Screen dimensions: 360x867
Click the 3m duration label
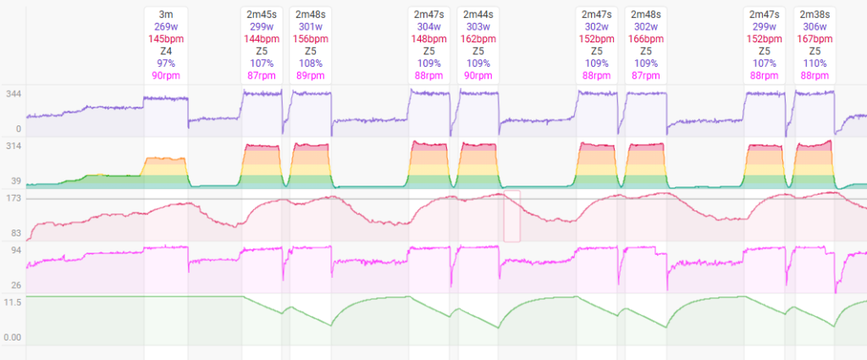tap(166, 14)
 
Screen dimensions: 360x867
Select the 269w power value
tap(166, 26)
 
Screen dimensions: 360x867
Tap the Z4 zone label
tap(166, 51)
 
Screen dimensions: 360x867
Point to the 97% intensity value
tap(166, 64)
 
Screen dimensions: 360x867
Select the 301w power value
tap(310, 26)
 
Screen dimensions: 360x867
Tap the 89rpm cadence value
tap(310, 75)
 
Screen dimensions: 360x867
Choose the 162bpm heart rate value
tap(478, 39)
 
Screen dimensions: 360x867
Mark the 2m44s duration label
tap(478, 14)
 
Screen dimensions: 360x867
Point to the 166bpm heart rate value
tap(645, 39)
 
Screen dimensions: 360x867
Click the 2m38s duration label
tap(815, 14)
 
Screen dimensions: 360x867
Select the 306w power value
tap(815, 26)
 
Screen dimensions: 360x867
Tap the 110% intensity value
tap(815, 64)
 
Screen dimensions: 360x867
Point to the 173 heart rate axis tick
tap(13, 197)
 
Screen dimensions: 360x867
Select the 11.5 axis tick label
tap(13, 302)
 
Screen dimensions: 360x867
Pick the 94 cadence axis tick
tap(13, 250)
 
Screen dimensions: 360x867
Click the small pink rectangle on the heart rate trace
tap(511, 216)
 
